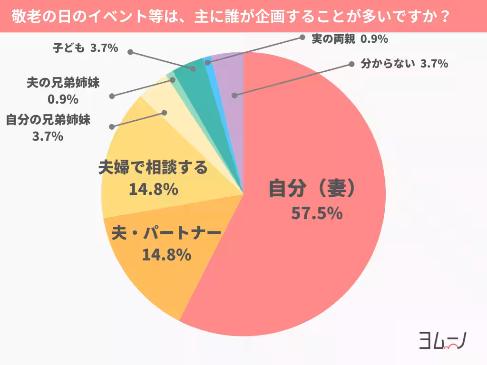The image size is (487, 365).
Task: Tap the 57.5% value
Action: click(x=317, y=213)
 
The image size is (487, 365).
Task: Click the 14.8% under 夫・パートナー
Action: click(x=166, y=255)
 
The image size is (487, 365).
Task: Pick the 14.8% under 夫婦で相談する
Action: click(x=153, y=190)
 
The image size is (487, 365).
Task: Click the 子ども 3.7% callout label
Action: click(x=84, y=48)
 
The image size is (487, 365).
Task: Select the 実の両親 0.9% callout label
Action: click(x=350, y=39)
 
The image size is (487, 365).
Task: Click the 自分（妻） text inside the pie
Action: click(x=312, y=189)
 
